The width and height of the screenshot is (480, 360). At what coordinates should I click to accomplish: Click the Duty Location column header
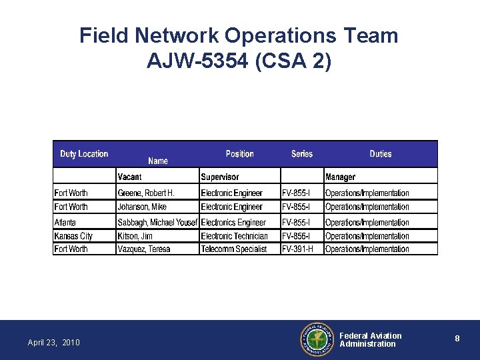click(x=84, y=154)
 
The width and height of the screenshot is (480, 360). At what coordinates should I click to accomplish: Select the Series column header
click(x=302, y=154)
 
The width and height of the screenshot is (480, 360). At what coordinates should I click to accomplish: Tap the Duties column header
click(x=381, y=154)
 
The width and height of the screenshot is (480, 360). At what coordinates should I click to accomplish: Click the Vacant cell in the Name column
click(x=129, y=177)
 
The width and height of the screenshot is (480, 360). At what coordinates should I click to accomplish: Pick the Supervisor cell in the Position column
click(x=219, y=177)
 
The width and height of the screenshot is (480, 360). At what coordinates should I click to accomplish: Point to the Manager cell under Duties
click(x=340, y=177)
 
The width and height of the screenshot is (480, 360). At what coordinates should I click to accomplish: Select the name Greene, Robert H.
click(x=146, y=193)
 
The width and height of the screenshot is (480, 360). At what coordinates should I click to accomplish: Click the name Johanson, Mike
click(x=142, y=207)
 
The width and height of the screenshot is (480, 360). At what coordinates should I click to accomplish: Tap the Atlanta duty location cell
click(x=65, y=223)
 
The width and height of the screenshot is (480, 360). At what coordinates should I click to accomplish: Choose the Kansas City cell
click(x=73, y=236)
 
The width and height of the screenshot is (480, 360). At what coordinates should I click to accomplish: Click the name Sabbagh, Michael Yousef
click(x=157, y=223)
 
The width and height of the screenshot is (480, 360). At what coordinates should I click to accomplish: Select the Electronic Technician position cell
click(x=234, y=236)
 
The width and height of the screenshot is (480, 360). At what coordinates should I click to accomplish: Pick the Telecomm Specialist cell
click(x=233, y=249)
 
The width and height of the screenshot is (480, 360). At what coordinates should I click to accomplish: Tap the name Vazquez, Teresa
click(x=144, y=249)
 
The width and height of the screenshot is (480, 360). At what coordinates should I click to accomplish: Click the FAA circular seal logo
click(x=317, y=340)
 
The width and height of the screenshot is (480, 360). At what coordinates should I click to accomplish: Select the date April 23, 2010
click(x=53, y=343)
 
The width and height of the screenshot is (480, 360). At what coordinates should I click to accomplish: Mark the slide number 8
click(x=457, y=339)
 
